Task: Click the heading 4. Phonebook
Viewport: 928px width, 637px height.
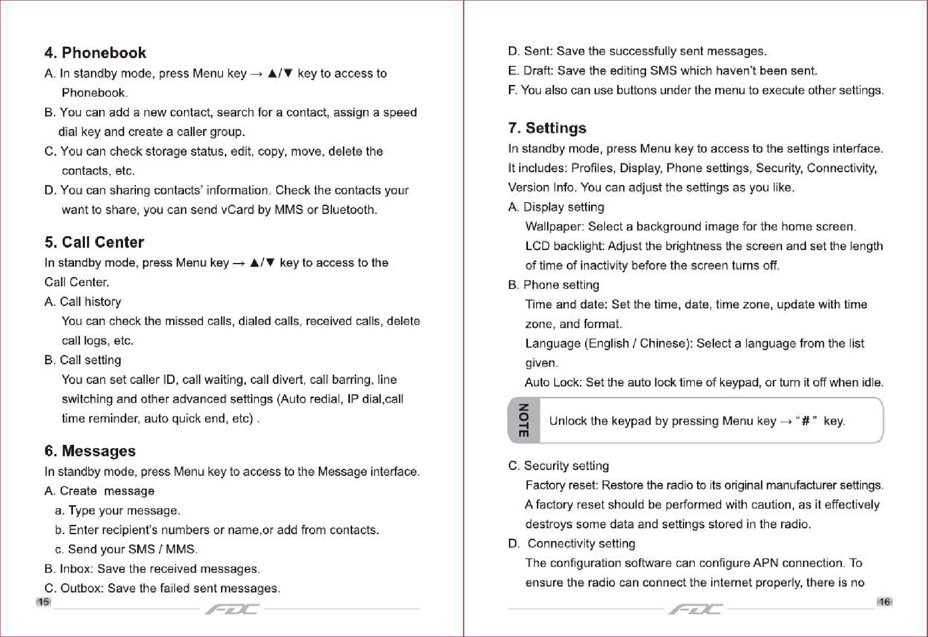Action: tap(95, 53)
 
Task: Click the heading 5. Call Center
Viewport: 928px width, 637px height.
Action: tap(94, 242)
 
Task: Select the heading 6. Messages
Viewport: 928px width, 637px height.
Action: tap(90, 451)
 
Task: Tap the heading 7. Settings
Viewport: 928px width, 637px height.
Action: tap(547, 128)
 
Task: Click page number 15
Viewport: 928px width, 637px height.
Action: tap(44, 602)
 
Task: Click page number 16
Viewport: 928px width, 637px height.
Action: tap(884, 602)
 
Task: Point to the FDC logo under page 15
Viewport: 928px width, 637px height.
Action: tap(232, 609)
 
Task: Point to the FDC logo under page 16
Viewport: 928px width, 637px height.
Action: tap(696, 609)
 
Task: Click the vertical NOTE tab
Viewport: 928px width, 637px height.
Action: tap(524, 420)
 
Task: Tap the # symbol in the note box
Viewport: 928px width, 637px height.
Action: tap(806, 421)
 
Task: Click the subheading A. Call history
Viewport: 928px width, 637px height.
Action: tap(83, 302)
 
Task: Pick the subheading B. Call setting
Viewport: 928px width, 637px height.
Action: tap(83, 360)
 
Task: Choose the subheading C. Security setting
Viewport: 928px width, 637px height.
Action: tap(558, 465)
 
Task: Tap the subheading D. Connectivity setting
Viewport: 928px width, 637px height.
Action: tap(571, 543)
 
